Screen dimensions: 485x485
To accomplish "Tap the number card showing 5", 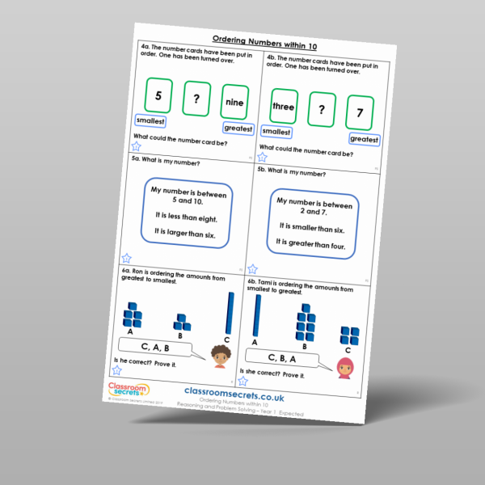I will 158,95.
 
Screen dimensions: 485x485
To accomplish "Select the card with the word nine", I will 234,103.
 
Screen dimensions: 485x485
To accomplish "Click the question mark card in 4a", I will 196,99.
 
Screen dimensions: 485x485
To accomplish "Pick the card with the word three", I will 283,106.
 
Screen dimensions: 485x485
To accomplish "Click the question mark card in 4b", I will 321,110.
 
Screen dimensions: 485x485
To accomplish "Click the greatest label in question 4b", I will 364,139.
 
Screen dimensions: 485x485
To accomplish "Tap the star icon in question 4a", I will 135,146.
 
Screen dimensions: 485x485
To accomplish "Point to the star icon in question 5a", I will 126,258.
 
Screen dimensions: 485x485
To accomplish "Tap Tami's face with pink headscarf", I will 345,368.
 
